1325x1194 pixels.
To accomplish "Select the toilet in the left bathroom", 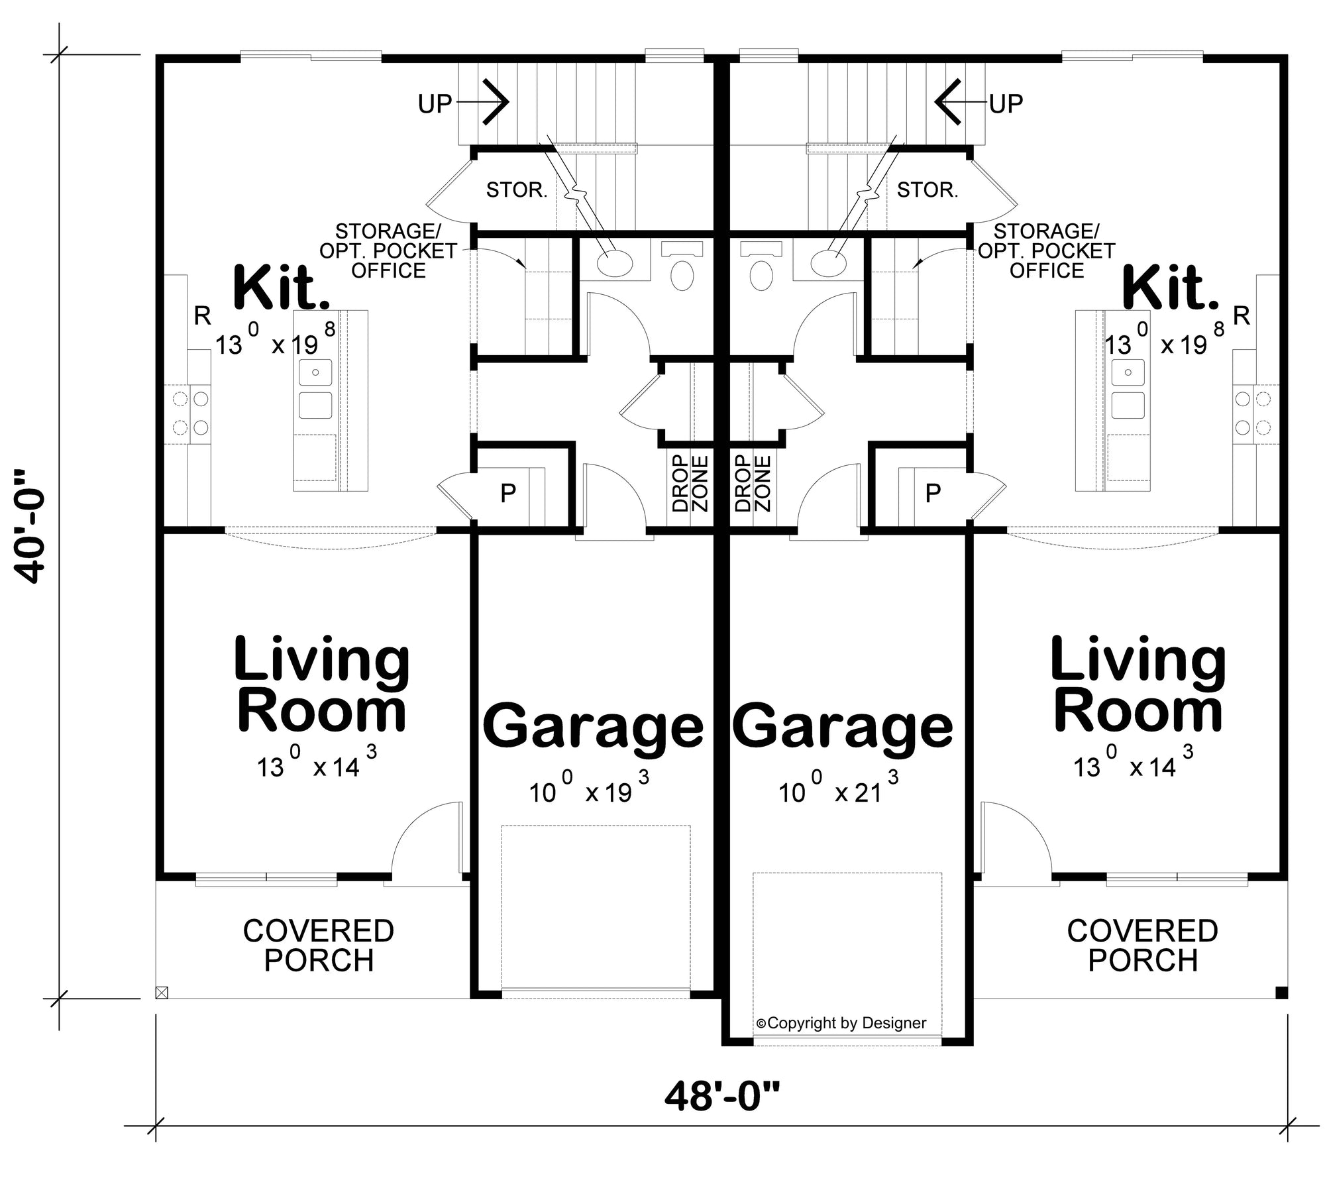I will (x=682, y=275).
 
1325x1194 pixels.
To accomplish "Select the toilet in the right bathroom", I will (x=762, y=275).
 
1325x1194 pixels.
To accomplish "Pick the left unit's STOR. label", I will (x=517, y=191).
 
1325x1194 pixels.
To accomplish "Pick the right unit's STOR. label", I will (x=927, y=191).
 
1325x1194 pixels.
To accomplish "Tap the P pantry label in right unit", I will (x=932, y=493).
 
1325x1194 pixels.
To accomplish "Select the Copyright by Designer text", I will (x=841, y=1023).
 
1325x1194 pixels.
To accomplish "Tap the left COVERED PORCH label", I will (x=319, y=946).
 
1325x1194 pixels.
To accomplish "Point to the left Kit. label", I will (x=282, y=288).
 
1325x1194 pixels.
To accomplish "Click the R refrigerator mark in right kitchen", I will (x=1241, y=317).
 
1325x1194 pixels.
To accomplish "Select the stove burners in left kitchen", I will (x=191, y=413).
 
